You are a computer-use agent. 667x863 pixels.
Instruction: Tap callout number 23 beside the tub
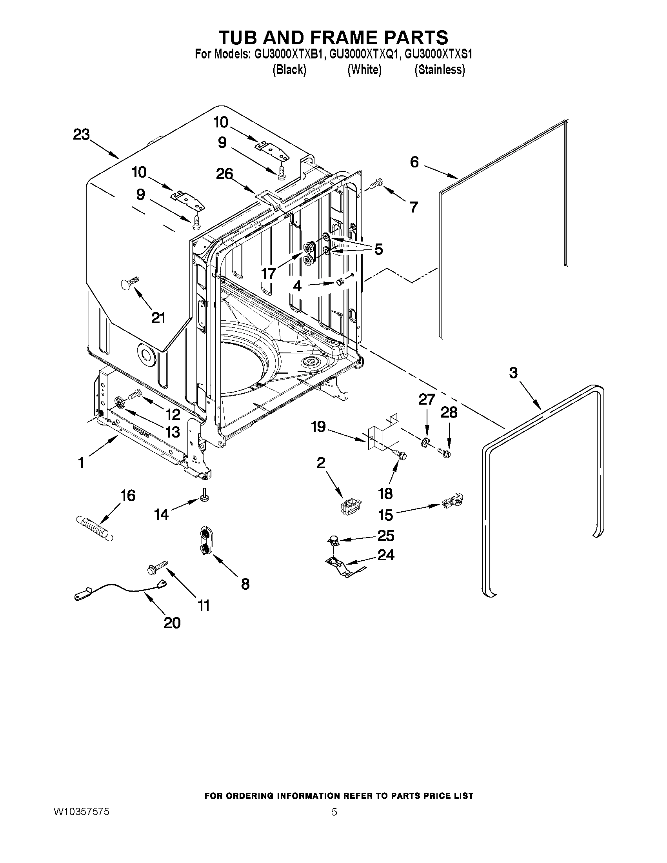pos(82,134)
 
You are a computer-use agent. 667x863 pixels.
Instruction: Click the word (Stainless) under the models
pos(440,70)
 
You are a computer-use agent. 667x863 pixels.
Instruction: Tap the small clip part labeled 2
pos(349,505)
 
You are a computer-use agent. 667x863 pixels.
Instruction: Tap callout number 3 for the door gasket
pos(513,372)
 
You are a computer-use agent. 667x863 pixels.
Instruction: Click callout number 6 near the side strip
pos(414,162)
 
